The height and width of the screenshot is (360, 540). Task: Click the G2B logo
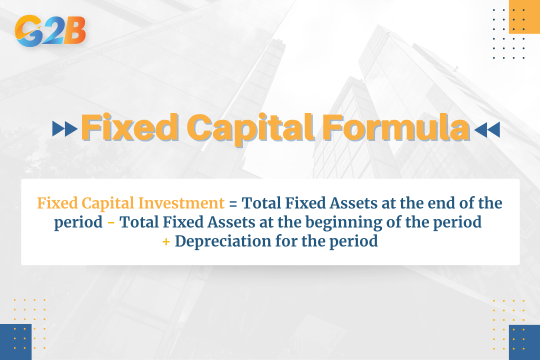click(x=50, y=30)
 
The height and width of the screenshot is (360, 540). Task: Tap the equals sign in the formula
click(x=233, y=203)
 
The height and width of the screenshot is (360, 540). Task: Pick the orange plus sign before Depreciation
click(x=166, y=241)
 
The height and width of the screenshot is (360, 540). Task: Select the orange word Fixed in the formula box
click(x=57, y=203)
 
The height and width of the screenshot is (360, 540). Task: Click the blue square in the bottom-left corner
click(x=15, y=342)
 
